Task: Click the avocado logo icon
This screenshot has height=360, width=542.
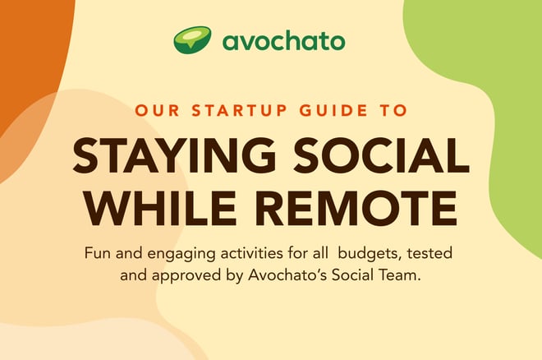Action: coord(192,39)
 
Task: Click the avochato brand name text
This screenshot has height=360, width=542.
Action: coord(283,41)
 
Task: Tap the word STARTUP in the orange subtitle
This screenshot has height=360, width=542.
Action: coord(239,110)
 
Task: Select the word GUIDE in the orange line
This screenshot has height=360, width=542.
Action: coord(333,110)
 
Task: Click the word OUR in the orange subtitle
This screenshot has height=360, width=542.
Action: coord(158,110)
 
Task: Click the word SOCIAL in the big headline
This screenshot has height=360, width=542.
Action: coord(382,155)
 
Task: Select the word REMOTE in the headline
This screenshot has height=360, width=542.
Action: coord(356,208)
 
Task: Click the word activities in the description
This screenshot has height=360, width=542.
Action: coord(251,253)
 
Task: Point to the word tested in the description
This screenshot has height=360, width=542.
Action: coord(429,253)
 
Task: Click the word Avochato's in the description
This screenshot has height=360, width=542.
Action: coord(287,275)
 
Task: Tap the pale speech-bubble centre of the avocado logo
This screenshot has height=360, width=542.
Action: coord(191,37)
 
